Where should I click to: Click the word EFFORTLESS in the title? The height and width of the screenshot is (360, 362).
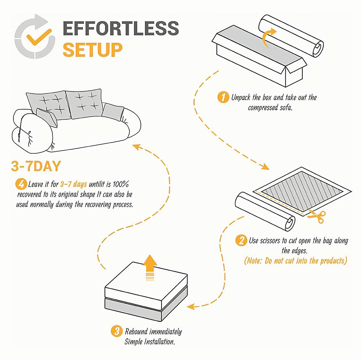121,28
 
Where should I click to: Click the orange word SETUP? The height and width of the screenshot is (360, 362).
93,50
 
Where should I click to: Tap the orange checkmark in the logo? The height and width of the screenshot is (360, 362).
39,37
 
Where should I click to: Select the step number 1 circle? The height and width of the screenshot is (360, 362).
223,97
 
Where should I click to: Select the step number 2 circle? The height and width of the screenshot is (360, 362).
241,240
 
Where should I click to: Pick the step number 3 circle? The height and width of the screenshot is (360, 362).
117,331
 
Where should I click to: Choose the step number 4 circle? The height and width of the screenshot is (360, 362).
21,184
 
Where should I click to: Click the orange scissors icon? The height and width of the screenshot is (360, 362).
317,216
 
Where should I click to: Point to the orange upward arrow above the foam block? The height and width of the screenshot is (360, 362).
150,268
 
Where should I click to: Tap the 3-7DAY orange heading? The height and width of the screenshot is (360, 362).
36,166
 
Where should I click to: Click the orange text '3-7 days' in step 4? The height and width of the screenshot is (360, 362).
73,184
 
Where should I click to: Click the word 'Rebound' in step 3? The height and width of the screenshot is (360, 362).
136,332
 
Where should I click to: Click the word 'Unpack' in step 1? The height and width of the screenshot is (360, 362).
241,98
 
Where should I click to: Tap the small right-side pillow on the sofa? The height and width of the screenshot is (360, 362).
113,112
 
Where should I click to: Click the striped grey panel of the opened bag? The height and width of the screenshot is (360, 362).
302,190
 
